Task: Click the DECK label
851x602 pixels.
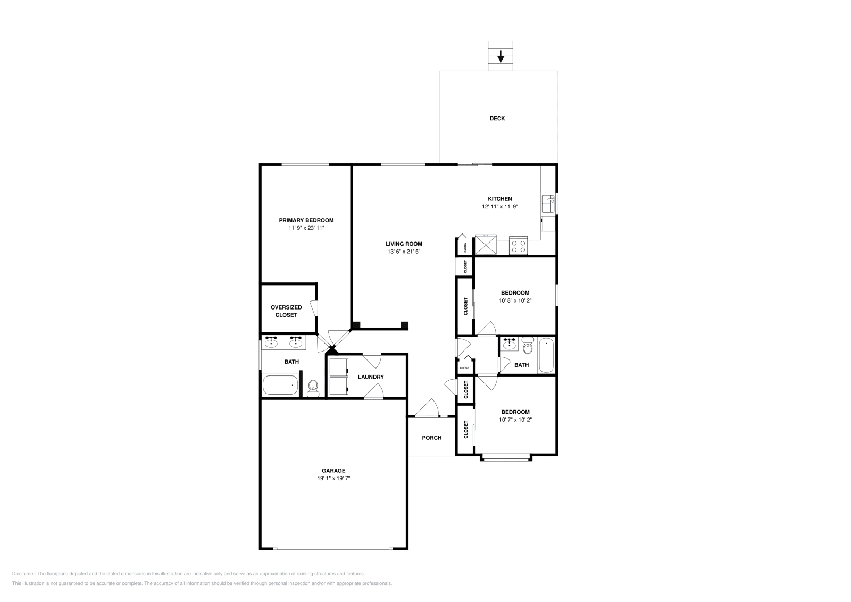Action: coord(497,119)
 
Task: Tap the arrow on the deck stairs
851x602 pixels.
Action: coord(500,56)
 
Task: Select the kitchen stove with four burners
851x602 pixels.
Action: coord(518,245)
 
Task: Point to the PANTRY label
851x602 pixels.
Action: coord(465,247)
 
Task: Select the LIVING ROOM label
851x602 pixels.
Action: coord(404,244)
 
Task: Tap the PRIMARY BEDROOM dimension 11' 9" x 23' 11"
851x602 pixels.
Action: coord(306,228)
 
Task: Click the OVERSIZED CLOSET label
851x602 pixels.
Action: coord(286,311)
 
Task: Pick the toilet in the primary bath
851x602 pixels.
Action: coord(313,388)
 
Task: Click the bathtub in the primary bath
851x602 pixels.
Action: coord(280,385)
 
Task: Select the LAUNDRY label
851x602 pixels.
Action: coord(371,377)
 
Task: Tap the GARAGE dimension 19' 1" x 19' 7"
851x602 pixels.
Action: coord(333,478)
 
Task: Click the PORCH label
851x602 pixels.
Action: coord(431,438)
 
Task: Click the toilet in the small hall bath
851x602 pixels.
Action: coord(528,346)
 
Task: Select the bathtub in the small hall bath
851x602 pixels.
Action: coord(546,355)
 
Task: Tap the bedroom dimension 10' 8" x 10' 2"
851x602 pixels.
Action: coord(515,300)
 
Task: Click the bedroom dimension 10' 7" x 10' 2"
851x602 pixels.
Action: coord(515,420)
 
